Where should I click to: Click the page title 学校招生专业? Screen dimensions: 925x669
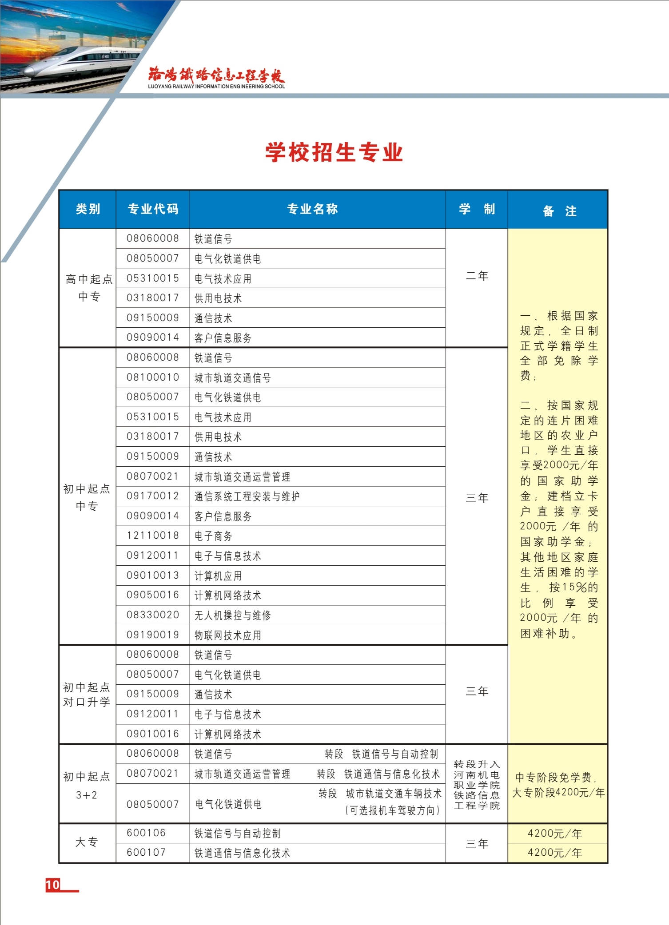334,153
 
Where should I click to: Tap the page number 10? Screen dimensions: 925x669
52,885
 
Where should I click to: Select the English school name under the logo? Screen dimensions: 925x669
216,87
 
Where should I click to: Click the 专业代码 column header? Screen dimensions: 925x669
153,209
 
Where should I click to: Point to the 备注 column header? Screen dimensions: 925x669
558,211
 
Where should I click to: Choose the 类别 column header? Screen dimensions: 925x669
88,209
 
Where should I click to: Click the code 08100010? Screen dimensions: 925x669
153,377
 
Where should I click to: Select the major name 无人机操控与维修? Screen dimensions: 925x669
233,615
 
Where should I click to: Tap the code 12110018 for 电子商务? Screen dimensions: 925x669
153,536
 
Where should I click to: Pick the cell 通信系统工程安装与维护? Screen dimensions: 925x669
247,496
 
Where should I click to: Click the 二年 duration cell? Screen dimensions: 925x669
477,276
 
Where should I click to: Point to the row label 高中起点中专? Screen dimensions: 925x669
89,288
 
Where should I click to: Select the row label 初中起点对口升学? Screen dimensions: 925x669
87,695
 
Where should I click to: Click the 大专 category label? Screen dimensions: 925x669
87,842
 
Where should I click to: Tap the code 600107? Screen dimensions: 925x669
146,853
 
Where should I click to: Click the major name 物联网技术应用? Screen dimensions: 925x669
228,635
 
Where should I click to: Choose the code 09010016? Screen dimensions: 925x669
153,734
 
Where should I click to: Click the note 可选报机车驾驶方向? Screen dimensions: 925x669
393,810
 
